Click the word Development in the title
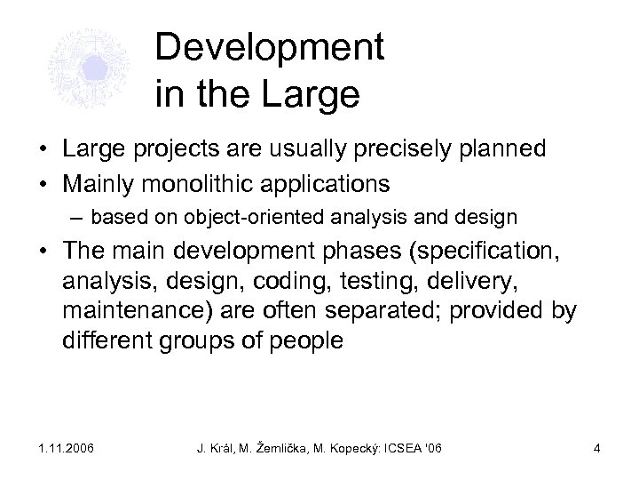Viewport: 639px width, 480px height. pos(269,49)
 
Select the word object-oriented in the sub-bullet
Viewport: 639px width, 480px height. pos(248,217)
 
